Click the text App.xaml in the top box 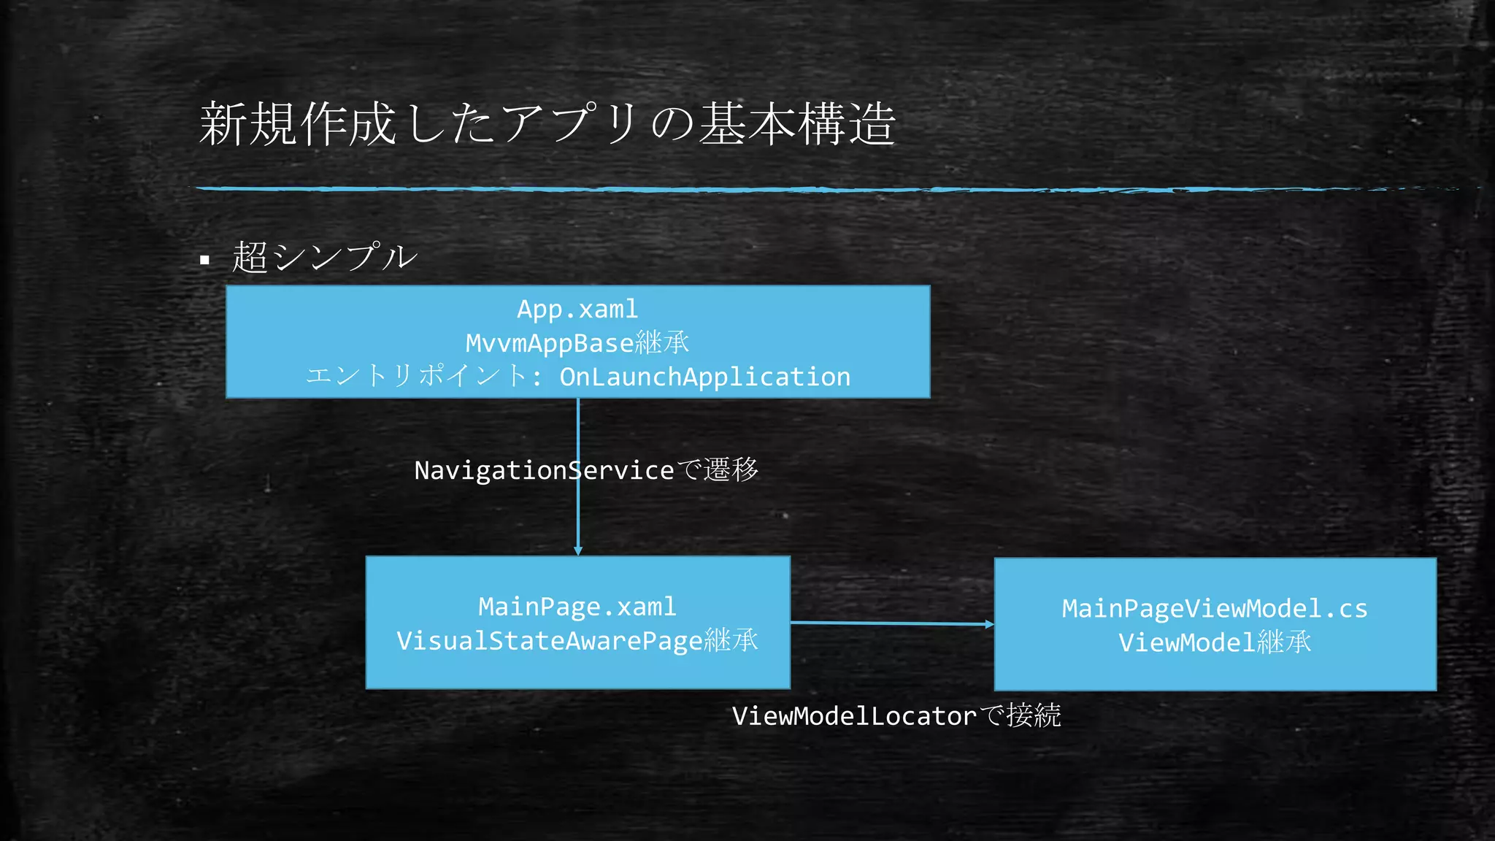click(577, 309)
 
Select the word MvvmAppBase click(550, 343)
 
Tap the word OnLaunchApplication click(704, 377)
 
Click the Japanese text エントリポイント click(416, 376)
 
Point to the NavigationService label click(544, 470)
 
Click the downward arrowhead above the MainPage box click(578, 550)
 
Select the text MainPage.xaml click(577, 607)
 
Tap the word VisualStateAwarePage click(549, 641)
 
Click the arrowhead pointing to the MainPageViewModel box click(989, 624)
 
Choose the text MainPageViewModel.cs click(1215, 609)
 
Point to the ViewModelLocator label click(854, 716)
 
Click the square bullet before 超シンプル click(204, 260)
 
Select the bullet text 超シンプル click(325, 257)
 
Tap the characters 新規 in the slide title click(248, 124)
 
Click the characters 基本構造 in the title click(797, 124)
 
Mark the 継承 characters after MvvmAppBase click(662, 342)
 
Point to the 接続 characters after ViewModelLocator click(1033, 715)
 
